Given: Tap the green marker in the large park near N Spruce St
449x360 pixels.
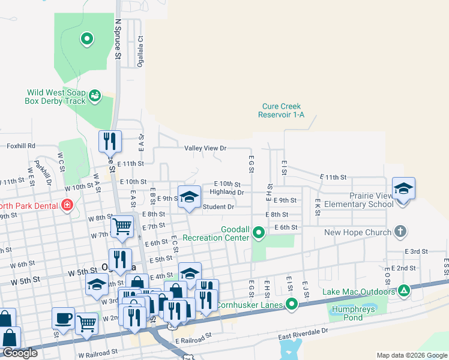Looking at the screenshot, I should [x=87, y=40].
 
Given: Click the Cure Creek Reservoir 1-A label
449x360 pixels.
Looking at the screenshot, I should [x=282, y=110].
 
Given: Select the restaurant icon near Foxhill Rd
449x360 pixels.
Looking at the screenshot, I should [x=110, y=142].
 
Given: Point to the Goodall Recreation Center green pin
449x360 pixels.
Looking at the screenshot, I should [x=259, y=232].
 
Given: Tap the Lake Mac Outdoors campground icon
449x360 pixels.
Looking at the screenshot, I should [x=405, y=292].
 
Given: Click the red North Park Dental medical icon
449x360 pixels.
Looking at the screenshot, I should [x=67, y=206].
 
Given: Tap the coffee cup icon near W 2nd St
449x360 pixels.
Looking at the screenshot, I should [x=63, y=319].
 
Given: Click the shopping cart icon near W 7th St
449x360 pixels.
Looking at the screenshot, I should [x=122, y=227].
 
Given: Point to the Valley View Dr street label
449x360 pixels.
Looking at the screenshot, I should [x=205, y=148].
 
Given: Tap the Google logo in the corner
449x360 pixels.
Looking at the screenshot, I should [x=19, y=353].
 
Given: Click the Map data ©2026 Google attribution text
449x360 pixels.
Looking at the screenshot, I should [x=411, y=355].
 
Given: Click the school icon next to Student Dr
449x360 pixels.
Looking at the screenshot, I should [x=189, y=197].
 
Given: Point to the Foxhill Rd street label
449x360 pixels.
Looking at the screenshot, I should [x=21, y=145].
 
